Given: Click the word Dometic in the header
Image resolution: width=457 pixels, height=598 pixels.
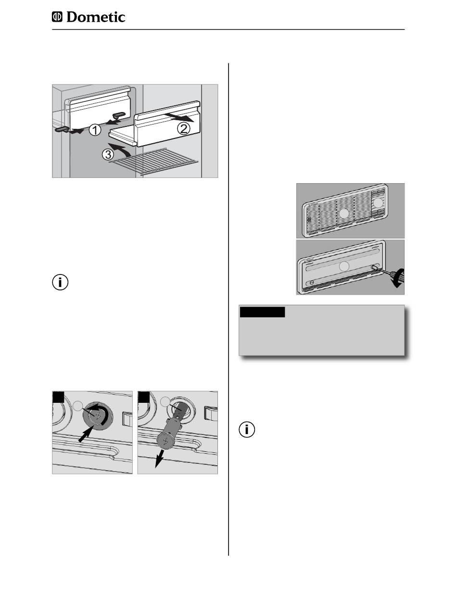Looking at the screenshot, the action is click(96, 17).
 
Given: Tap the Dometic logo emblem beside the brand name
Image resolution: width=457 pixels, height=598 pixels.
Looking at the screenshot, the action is click(57, 17).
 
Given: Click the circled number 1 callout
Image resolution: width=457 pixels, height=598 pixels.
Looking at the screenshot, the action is click(95, 130).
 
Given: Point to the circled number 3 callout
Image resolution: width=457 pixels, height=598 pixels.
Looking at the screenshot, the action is click(108, 154).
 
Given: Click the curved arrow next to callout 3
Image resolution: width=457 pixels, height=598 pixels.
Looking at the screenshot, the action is click(120, 148).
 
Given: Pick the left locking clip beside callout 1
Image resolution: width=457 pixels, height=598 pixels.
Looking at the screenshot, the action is click(63, 129).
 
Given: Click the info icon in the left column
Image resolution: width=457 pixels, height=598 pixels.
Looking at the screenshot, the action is click(60, 282).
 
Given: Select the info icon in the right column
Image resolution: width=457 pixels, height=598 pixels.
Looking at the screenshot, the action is click(247, 430).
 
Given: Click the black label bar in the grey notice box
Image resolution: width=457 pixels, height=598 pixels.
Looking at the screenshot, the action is click(262, 312).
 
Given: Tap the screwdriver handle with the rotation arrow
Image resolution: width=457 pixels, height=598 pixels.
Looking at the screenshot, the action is click(398, 277).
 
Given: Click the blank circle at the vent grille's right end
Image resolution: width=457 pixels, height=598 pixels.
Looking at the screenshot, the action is click(378, 202).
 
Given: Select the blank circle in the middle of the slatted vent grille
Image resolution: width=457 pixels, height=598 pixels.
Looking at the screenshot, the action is click(344, 214).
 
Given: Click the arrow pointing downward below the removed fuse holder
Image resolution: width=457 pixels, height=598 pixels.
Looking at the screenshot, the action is click(159, 459).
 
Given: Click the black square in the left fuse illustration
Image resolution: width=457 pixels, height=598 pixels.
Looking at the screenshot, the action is click(58, 397).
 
